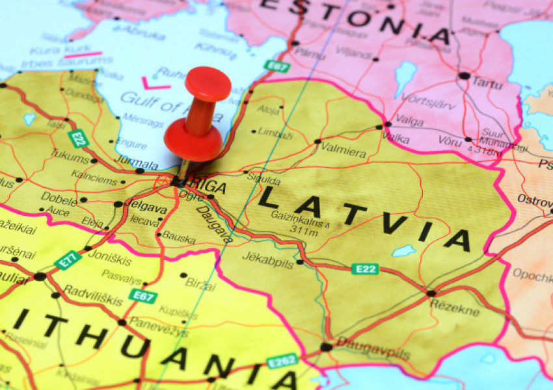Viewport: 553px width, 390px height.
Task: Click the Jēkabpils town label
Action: pos(268,256)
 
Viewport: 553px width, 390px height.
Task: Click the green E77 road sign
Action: pos(68,259)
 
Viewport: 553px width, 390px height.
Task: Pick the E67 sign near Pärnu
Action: pos(276,65)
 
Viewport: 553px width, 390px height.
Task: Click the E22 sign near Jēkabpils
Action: pos(365,268)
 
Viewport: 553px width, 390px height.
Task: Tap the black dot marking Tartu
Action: pos(463,76)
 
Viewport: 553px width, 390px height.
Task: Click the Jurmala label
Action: pos(137,164)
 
